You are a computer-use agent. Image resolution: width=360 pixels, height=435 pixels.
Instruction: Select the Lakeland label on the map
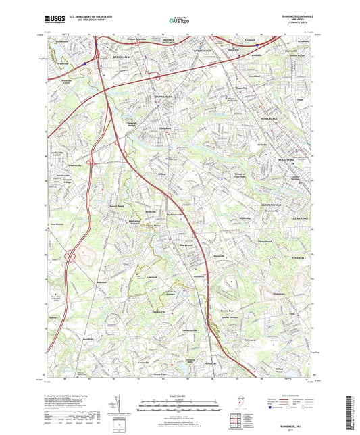pyautogui.click(x=152, y=277)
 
